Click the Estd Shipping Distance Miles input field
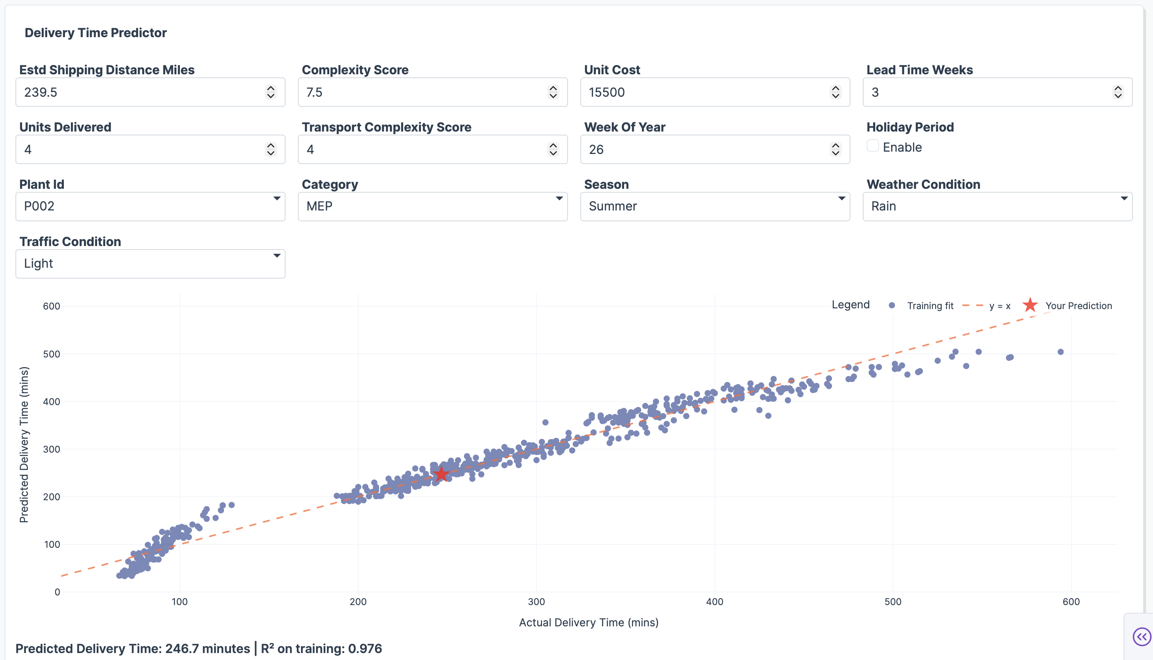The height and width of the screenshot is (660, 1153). click(x=140, y=92)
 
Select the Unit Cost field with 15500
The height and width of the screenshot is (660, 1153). click(x=705, y=92)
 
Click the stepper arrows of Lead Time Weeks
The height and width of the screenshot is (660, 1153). click(x=1118, y=92)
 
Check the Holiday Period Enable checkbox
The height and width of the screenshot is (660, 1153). click(x=872, y=146)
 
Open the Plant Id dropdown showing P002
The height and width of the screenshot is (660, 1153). click(x=150, y=206)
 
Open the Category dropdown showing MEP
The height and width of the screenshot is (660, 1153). click(x=433, y=206)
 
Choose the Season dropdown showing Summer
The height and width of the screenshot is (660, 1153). click(x=715, y=206)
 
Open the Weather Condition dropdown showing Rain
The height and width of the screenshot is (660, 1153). click(x=997, y=206)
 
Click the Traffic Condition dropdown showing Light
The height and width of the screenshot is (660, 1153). click(x=150, y=263)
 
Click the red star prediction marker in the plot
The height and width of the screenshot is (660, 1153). click(x=441, y=474)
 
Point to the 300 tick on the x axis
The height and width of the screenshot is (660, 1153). click(x=536, y=602)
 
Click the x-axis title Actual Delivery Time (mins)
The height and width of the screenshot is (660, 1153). click(x=588, y=622)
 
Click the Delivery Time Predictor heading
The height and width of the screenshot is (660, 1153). click(x=96, y=32)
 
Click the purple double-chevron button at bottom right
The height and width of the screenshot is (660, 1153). click(x=1141, y=636)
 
